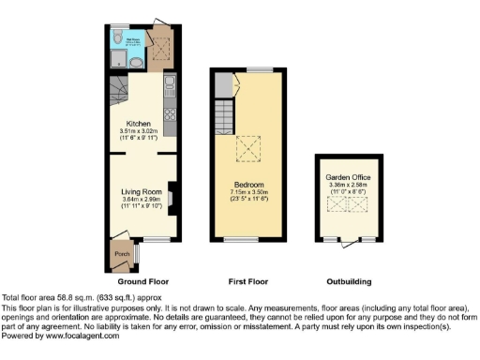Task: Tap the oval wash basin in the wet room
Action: (135, 63)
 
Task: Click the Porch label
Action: (121, 254)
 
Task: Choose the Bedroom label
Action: (249, 184)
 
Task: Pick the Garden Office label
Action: (343, 178)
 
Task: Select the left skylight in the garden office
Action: (333, 204)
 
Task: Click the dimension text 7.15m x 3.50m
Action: (249, 191)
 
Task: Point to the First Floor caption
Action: (248, 281)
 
